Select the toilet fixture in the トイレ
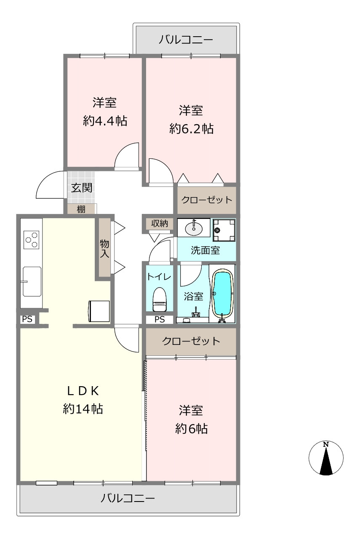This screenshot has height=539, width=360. (160, 299)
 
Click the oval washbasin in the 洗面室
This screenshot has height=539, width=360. (194, 228)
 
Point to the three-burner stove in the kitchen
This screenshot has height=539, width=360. (31, 240)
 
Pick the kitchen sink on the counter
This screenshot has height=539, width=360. (32, 281)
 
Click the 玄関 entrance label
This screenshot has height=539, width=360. (82, 188)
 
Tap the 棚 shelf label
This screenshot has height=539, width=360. (81, 209)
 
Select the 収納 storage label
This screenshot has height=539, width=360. (160, 224)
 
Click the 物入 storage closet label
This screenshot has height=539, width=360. (105, 248)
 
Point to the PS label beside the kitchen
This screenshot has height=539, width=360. (27, 319)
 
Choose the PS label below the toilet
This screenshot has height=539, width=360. (160, 319)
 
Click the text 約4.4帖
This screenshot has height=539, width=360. (105, 120)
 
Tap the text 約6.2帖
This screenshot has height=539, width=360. (191, 128)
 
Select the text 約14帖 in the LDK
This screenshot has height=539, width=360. (83, 409)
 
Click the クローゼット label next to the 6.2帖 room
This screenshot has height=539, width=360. (207, 200)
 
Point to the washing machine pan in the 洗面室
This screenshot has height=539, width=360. (224, 230)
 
